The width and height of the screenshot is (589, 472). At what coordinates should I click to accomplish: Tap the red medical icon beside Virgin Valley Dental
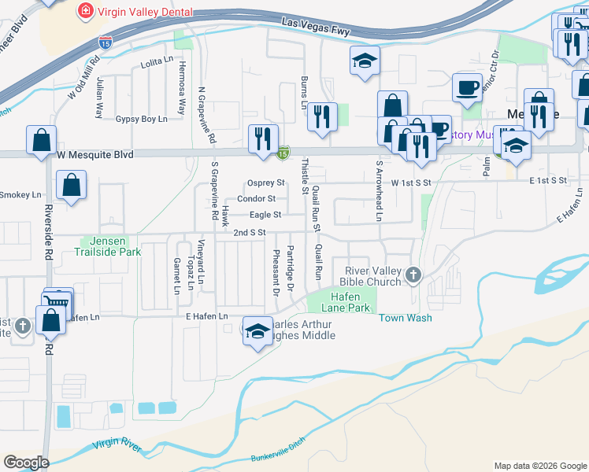pos(84,11)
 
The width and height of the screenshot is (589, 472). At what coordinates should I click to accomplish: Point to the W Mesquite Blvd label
pos(92,155)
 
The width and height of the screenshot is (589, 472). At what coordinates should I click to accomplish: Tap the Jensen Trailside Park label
pos(106,246)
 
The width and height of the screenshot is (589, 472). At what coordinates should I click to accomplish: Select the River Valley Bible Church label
pos(372,276)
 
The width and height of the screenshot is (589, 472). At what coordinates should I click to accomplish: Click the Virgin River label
pos(117,447)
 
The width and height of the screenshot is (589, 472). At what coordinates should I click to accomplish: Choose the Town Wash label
pos(405,318)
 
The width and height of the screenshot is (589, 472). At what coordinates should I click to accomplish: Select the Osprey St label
pos(265,183)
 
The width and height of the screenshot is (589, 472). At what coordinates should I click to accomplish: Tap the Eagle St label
pos(265,215)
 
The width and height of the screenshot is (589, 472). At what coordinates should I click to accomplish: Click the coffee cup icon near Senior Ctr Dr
pos(467,86)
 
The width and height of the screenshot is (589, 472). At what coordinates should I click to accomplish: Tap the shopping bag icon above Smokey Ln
pos(71,185)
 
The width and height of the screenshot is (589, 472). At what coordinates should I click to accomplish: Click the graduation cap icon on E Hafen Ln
pos(257,332)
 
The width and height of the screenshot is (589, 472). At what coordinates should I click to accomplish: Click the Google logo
pos(27,462)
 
